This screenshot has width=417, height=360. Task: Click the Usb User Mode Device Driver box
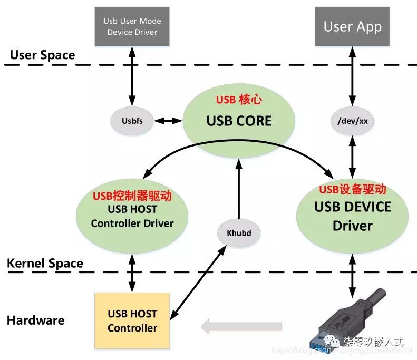click(132, 26)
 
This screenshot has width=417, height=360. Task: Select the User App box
click(352, 26)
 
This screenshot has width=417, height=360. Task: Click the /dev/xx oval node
click(352, 121)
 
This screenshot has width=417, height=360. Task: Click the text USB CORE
click(239, 121)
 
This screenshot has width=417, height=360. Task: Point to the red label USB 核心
click(239, 100)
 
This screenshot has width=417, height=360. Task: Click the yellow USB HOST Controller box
click(132, 320)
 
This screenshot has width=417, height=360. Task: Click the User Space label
click(42, 55)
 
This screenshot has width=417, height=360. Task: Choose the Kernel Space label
click(45, 263)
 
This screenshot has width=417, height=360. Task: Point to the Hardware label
click(36, 320)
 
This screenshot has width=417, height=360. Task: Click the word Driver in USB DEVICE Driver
click(352, 226)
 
